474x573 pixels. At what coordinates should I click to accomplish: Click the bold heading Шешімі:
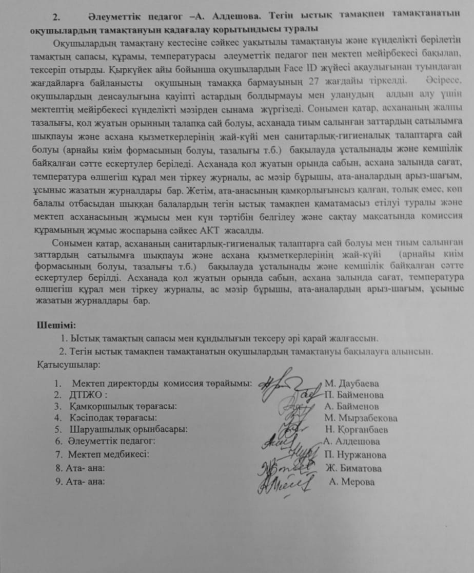56,325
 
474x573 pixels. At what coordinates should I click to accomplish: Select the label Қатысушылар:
69,365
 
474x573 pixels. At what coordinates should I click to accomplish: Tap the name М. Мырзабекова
361,418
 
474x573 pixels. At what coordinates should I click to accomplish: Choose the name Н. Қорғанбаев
357,429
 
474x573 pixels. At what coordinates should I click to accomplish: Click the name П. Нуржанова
356,455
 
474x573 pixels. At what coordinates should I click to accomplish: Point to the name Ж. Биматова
353,468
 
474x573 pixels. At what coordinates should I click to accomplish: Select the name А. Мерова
352,482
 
